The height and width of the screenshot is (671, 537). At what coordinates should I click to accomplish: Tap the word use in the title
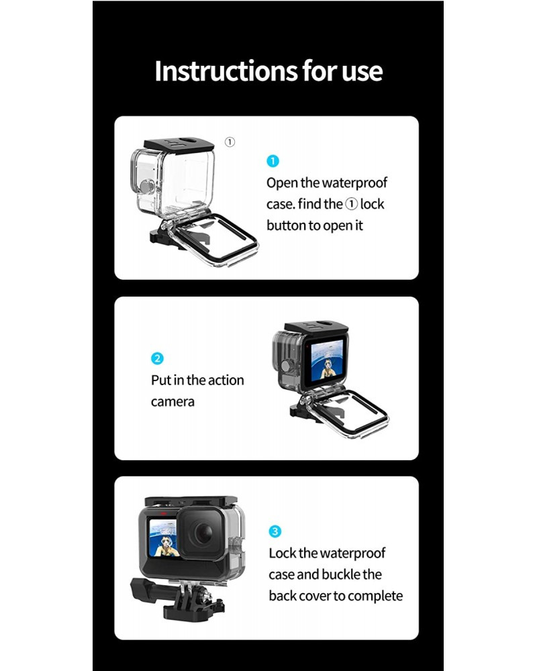362,72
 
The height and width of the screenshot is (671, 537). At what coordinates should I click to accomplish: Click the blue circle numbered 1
273,161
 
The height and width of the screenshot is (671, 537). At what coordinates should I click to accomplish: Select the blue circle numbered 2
157,358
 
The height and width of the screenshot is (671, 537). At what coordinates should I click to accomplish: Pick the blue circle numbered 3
275,531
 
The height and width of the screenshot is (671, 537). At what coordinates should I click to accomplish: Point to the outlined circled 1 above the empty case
230,142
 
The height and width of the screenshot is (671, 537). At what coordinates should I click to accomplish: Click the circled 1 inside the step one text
351,205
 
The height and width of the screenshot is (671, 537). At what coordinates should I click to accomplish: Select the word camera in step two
173,402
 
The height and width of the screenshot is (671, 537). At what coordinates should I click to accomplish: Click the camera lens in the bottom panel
203,533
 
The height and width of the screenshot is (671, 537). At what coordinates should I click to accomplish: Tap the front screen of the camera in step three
163,537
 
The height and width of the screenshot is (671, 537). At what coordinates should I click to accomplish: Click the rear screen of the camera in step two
327,360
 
